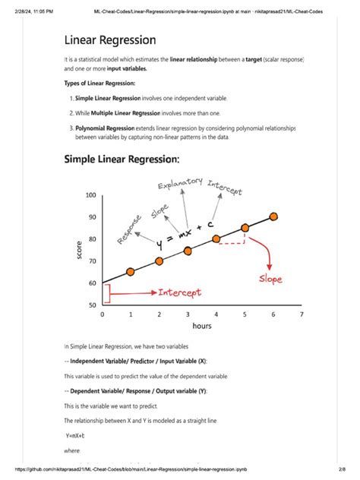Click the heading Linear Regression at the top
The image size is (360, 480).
coord(110,39)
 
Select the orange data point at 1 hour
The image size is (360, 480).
coord(131,271)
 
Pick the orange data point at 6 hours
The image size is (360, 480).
coord(273,216)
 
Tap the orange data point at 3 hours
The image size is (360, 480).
coord(188,250)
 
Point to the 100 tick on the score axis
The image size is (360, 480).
coord(91,195)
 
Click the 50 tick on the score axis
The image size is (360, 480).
coord(91,305)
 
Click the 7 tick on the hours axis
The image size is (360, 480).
coord(302,314)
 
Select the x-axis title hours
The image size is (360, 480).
coord(202,326)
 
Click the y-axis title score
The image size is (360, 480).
coord(78,250)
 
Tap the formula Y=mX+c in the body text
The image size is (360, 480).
coord(74,435)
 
